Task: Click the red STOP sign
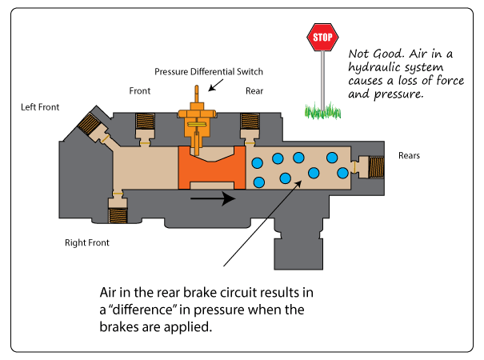pyautogui.click(x=322, y=36)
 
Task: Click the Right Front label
pyautogui.click(x=87, y=242)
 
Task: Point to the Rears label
pyautogui.click(x=410, y=155)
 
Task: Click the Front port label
pyautogui.click(x=140, y=91)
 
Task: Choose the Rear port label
pyautogui.click(x=254, y=91)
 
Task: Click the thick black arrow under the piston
pyautogui.click(x=214, y=197)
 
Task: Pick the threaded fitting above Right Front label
pyautogui.click(x=117, y=213)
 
